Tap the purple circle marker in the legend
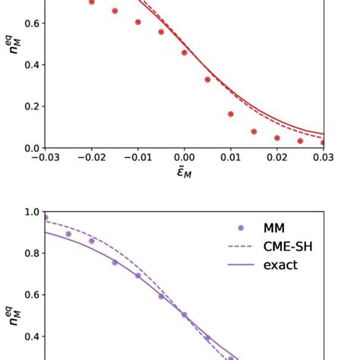click(x=241, y=227)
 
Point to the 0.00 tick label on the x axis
click(x=185, y=157)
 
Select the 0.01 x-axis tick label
click(x=231, y=157)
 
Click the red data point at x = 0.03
click(x=324, y=142)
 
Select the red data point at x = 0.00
click(x=185, y=52)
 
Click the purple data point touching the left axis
click(x=46, y=218)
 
